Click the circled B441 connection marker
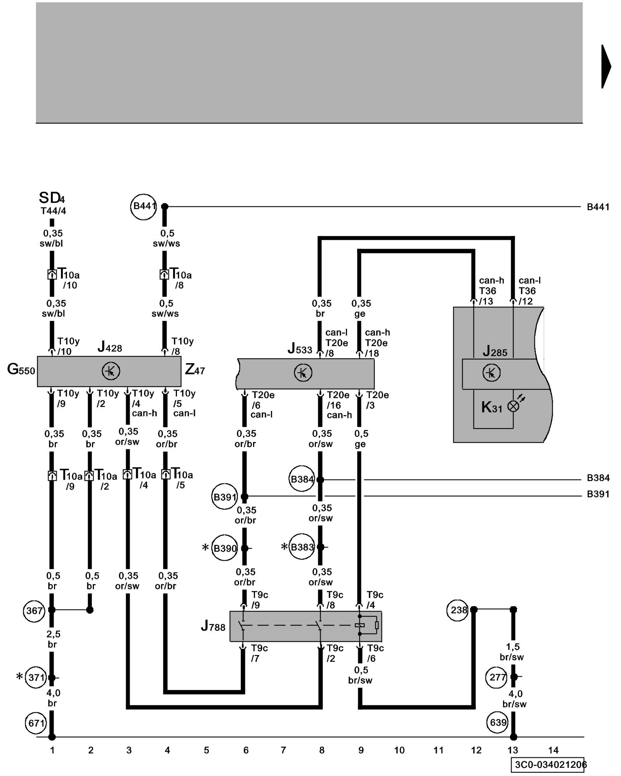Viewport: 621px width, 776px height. click(x=143, y=207)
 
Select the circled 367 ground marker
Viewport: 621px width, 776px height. click(x=34, y=611)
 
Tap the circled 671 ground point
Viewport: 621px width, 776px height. click(x=36, y=723)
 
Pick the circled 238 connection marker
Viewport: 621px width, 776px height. click(x=458, y=610)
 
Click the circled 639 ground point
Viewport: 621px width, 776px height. click(x=498, y=722)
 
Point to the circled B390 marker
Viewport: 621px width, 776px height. click(x=225, y=548)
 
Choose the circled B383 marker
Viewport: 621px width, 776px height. click(x=302, y=547)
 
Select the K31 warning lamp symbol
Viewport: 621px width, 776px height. click(x=513, y=406)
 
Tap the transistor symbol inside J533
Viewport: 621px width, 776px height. click(x=303, y=373)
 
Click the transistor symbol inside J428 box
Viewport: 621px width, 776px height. click(x=111, y=371)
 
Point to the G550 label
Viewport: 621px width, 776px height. click(x=21, y=369)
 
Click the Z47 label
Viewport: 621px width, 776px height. click(x=195, y=369)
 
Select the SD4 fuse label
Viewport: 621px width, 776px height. click(x=52, y=198)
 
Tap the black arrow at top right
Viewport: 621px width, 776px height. click(x=606, y=67)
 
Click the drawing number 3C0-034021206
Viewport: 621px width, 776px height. click(x=549, y=765)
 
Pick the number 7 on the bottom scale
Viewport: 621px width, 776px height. click(x=283, y=750)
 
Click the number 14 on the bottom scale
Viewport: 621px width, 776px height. click(x=553, y=750)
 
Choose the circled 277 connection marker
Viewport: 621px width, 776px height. click(x=497, y=677)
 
